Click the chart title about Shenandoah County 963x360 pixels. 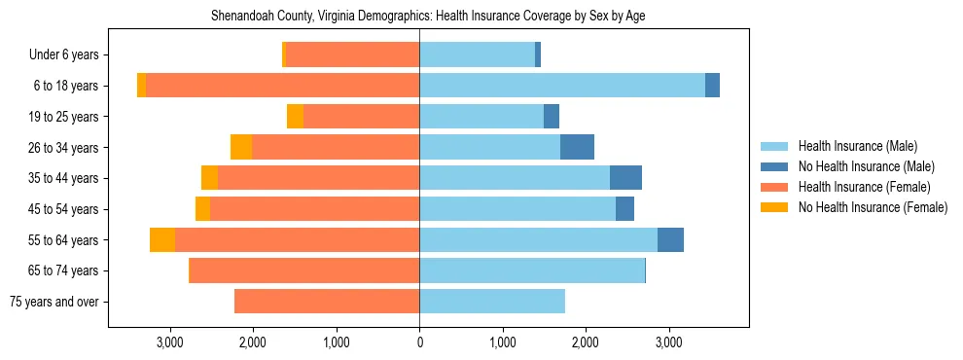click(x=428, y=17)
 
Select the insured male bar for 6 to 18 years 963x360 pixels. click(x=562, y=86)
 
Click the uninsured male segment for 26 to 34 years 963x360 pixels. click(x=577, y=147)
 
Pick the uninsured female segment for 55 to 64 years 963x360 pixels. click(x=162, y=239)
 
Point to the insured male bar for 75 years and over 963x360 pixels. click(x=492, y=302)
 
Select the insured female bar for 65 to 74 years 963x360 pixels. click(x=303, y=270)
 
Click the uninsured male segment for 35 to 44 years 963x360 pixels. click(x=625, y=178)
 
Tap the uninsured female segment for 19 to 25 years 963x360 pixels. click(x=295, y=117)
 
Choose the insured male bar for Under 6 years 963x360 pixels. click(x=477, y=54)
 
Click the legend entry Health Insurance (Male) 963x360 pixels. click(x=857, y=146)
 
